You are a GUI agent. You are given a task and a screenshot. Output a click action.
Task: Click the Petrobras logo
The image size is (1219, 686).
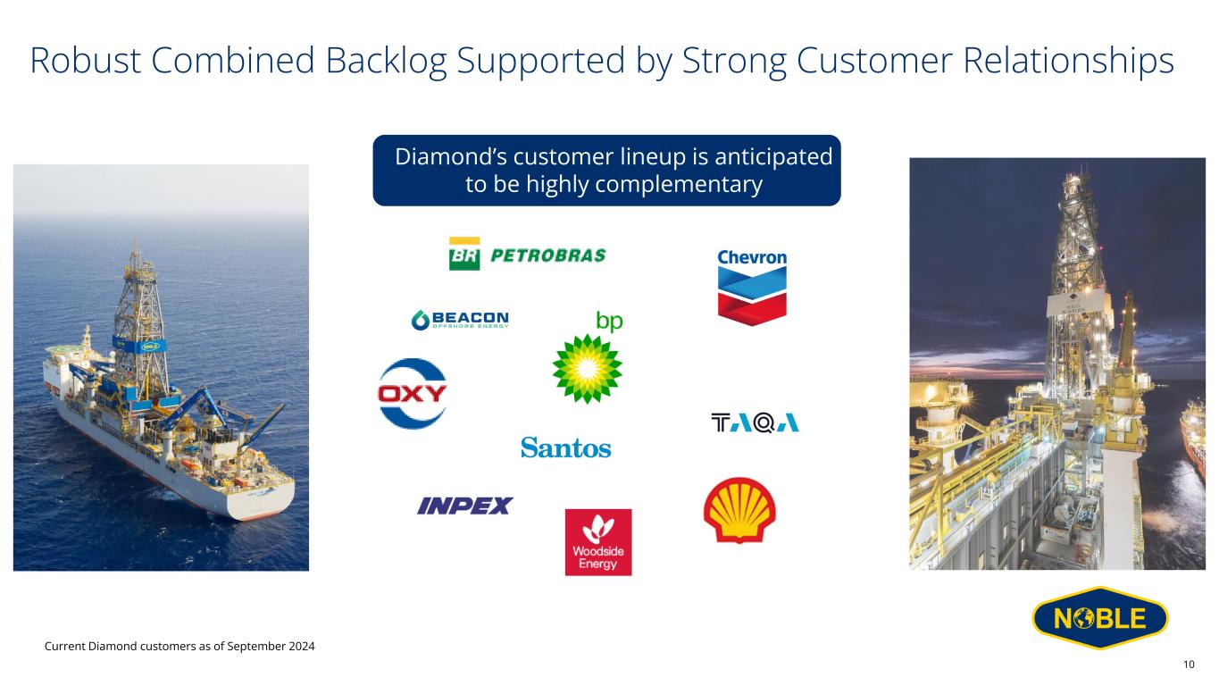527,254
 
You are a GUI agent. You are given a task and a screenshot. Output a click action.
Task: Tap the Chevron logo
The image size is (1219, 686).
752,288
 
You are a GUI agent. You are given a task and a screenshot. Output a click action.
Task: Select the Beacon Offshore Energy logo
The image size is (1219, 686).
461,320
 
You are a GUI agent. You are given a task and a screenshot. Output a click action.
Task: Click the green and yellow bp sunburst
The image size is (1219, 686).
588,369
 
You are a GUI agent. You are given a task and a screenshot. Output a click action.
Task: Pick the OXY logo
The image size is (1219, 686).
413,393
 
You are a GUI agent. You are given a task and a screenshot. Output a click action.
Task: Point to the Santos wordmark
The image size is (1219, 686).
566,448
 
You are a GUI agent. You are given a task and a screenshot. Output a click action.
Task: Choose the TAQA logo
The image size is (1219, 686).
756,422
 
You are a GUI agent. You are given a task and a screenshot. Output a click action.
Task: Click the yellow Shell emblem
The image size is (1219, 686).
739,510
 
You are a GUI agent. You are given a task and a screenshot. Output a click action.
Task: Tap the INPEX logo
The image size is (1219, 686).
464,506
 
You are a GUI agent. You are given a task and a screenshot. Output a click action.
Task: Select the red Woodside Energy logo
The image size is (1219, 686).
598,542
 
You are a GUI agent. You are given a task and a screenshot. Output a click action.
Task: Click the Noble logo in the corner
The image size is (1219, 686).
1100,618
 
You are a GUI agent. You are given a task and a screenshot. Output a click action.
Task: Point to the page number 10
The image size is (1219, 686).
1189,665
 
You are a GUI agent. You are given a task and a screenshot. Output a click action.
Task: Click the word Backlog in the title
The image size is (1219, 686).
386,61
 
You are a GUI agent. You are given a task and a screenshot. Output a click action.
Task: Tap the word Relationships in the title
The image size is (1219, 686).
1069,61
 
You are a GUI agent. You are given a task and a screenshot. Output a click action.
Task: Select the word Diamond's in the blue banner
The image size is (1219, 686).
450,157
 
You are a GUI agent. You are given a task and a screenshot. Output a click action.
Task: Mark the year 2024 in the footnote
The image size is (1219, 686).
302,647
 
